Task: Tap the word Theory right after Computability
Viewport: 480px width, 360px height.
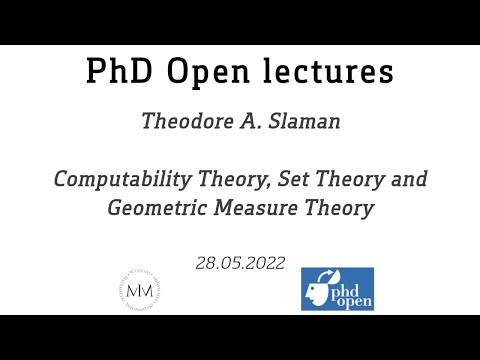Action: point(217,180)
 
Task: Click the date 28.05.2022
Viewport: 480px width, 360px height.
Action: point(240,264)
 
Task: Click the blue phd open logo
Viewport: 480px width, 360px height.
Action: point(337,288)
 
